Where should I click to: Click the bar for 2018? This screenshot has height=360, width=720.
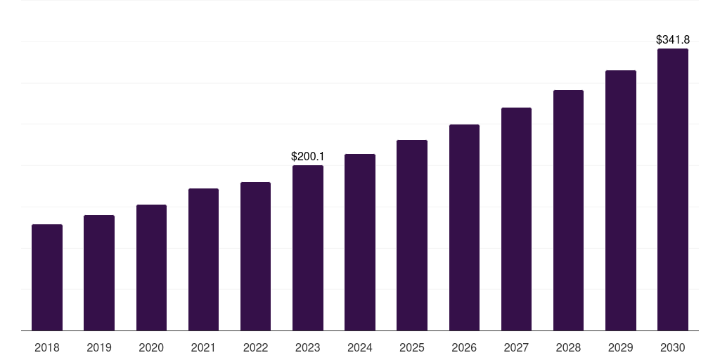click(47, 278)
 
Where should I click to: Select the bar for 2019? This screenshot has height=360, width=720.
click(99, 273)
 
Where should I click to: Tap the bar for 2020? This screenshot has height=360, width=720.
click(151, 268)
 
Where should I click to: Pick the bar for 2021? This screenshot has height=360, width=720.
click(203, 259)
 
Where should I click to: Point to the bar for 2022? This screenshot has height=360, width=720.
click(255, 257)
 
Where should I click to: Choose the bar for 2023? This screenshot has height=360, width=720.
click(308, 248)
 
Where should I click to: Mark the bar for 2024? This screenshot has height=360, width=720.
click(360, 243)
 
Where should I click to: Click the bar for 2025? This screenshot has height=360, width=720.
click(412, 236)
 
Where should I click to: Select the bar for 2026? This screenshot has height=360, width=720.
click(464, 228)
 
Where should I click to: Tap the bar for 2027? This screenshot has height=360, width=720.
click(516, 219)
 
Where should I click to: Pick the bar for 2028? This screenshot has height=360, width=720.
click(568, 210)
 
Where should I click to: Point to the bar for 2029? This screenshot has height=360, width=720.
click(621, 200)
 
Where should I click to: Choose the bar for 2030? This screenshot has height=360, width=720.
click(673, 190)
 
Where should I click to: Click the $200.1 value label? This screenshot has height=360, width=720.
click(308, 156)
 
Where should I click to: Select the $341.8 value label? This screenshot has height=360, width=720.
click(673, 40)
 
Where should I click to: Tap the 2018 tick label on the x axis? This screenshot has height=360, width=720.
click(47, 347)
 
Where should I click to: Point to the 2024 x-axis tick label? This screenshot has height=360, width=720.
click(360, 347)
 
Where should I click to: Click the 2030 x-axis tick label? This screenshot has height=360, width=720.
click(673, 347)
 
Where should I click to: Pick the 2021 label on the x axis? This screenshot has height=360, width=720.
click(203, 347)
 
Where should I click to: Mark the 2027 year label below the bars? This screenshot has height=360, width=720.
click(516, 347)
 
